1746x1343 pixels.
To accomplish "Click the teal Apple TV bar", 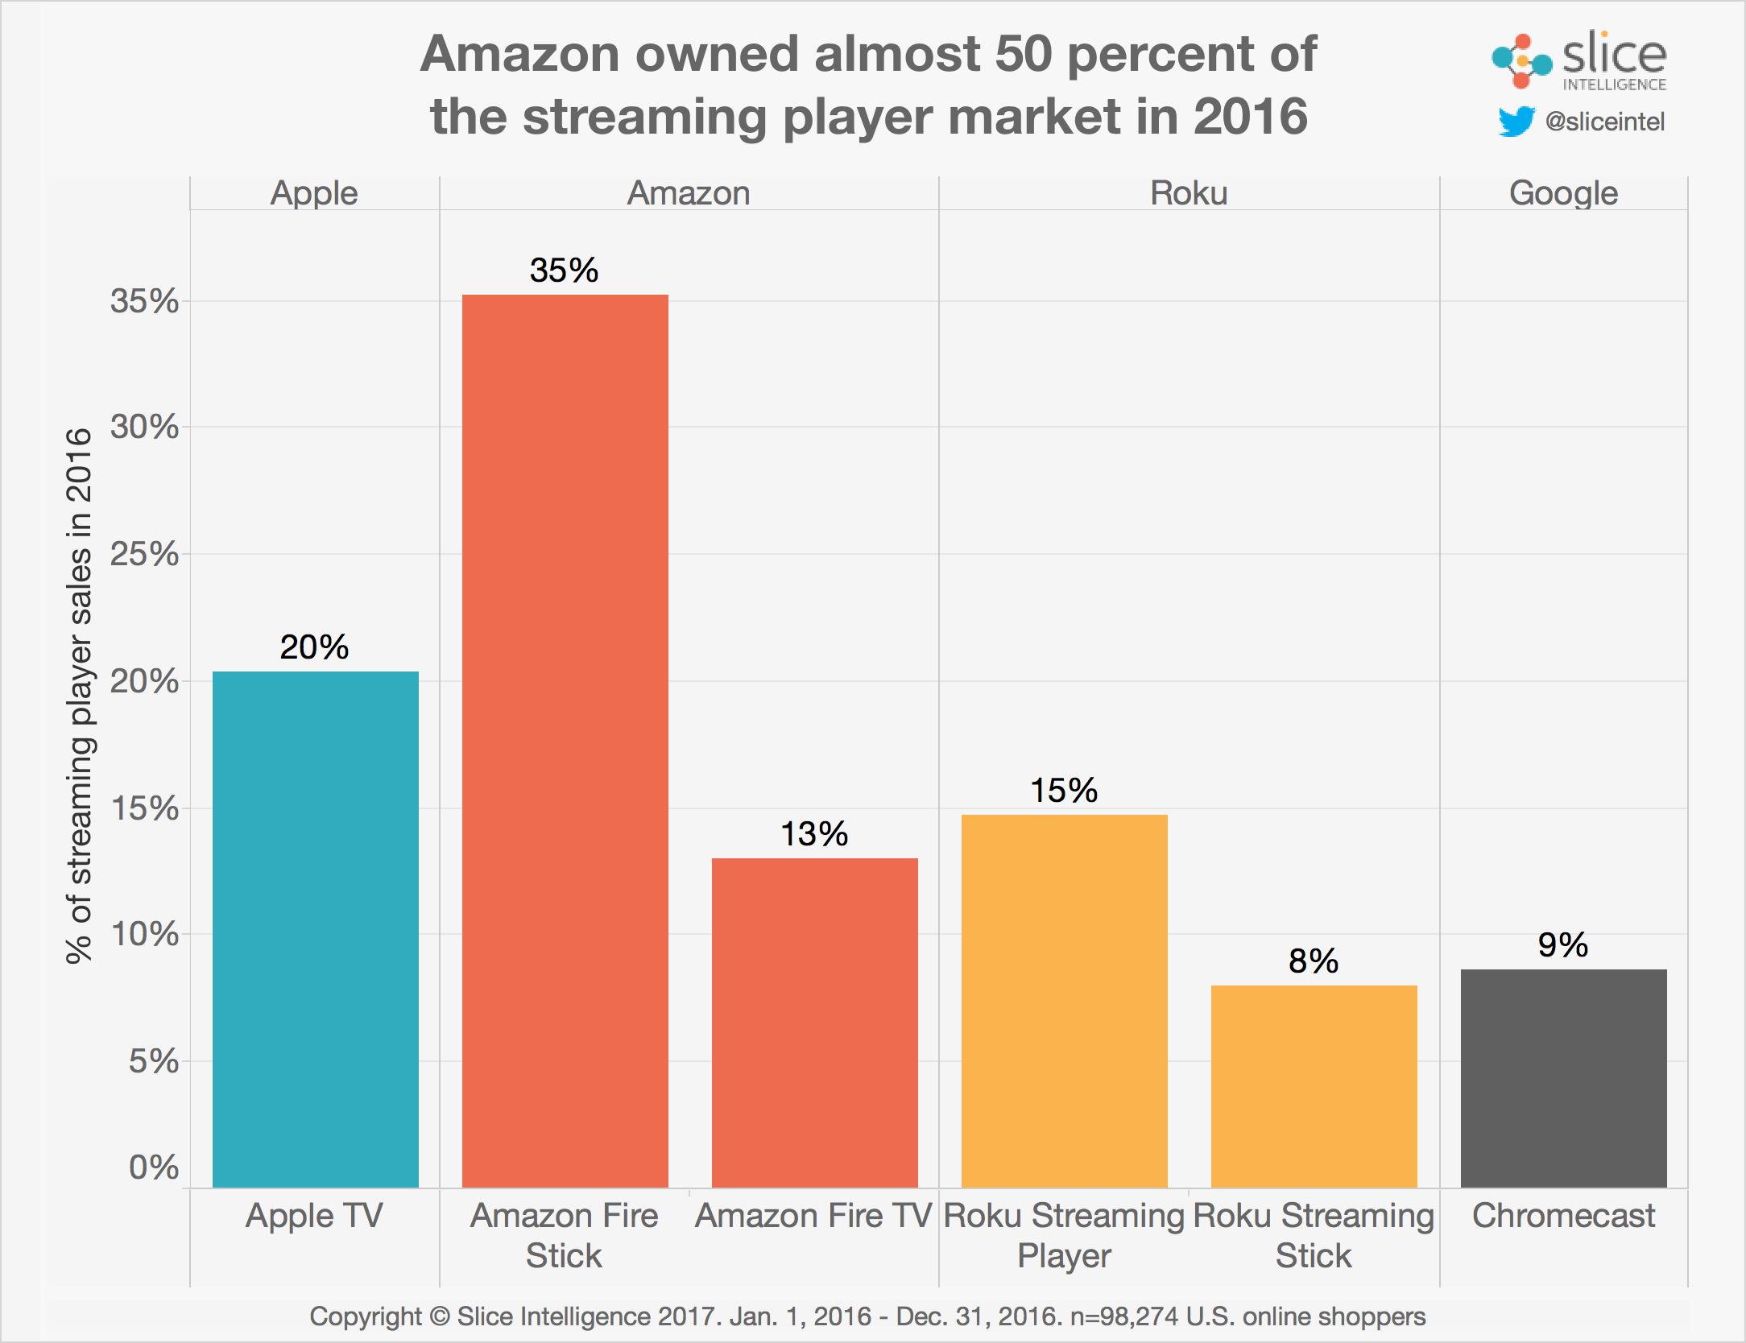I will coord(315,929).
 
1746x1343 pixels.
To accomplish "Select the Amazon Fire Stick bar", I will coord(565,741).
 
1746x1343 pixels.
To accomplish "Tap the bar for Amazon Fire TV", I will coord(814,1023).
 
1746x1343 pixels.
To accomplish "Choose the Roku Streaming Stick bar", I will coord(1314,1086).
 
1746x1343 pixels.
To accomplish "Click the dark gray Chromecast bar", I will coord(1563,1078).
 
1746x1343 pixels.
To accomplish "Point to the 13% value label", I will coord(814,834).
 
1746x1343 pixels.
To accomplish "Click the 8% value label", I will coord(1313,961).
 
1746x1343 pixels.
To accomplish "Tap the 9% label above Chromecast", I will coord(1562,944).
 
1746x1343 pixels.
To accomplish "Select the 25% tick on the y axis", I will coord(145,554).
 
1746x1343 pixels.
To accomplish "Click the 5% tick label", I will coord(154,1061).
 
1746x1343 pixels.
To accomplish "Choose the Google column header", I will coord(1563,193).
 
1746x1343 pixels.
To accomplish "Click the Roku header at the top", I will coord(1189,193).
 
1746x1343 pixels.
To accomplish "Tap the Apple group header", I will coord(314,193).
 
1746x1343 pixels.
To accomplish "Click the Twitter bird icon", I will coord(1516,122).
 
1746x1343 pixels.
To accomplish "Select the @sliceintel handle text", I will coord(1605,122).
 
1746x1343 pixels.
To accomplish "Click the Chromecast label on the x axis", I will coord(1563,1216).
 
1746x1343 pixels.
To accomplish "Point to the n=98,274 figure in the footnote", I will coord(1126,1316).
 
